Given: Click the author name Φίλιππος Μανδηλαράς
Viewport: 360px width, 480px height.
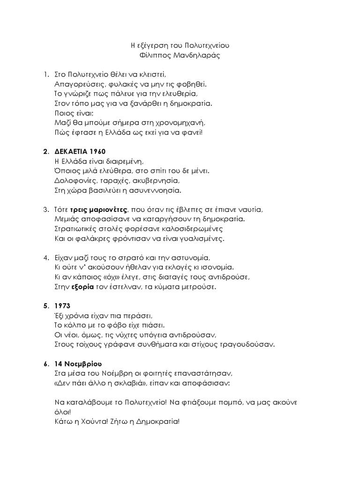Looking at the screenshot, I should [x=180, y=56].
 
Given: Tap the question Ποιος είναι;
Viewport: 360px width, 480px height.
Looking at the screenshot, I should [x=68, y=112].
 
